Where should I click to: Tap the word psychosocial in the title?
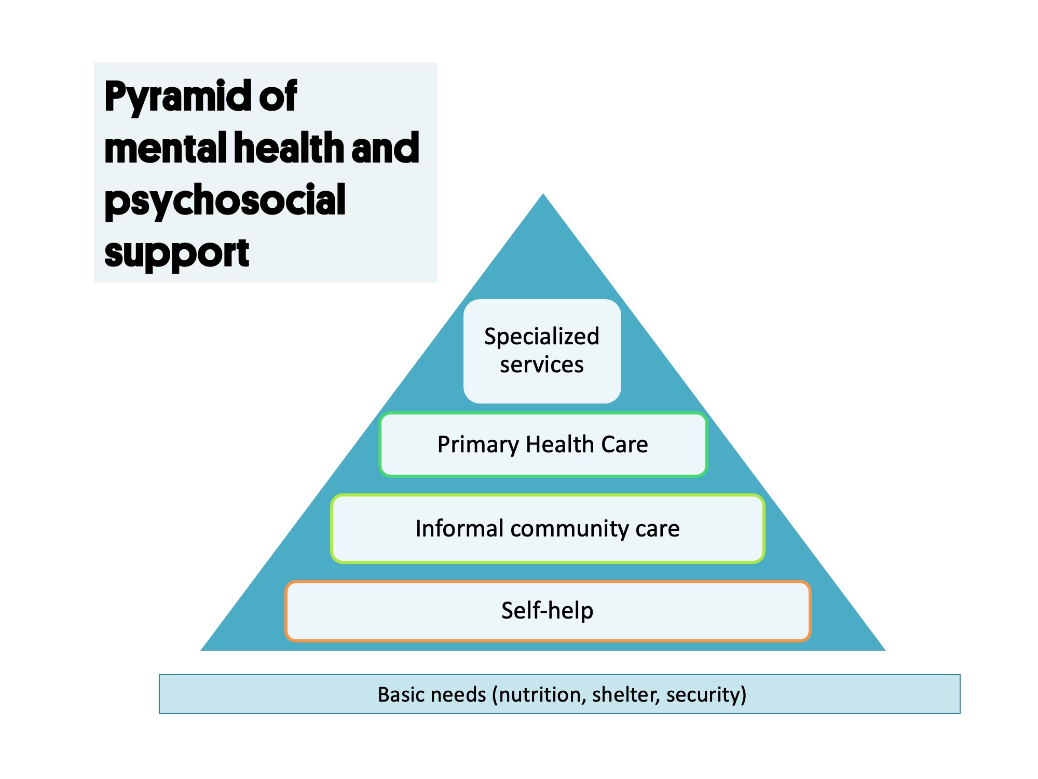click(225, 201)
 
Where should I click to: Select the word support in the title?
click(176, 253)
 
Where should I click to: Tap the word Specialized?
click(541, 337)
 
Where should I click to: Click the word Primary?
click(478, 445)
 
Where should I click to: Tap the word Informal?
click(459, 529)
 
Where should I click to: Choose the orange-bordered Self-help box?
click(547, 611)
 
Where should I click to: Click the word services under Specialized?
click(541, 365)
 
